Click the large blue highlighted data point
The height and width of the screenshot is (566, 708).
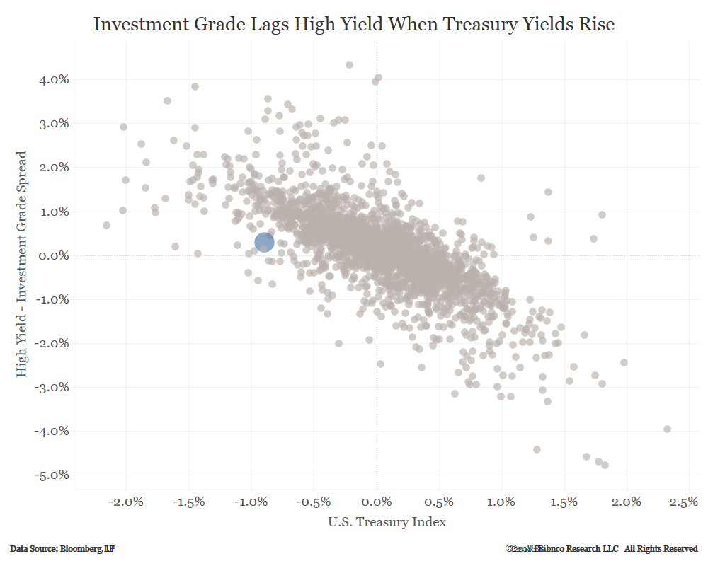click(x=264, y=242)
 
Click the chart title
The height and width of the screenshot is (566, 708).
click(x=354, y=24)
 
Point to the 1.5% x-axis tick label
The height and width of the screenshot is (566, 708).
click(x=564, y=502)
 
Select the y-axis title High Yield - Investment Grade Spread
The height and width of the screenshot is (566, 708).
click(x=22, y=262)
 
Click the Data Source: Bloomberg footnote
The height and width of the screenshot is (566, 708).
click(x=63, y=549)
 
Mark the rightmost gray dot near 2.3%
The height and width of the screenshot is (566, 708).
click(x=667, y=429)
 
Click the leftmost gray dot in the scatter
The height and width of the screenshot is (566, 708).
click(x=106, y=225)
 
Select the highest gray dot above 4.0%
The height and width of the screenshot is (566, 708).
click(x=349, y=64)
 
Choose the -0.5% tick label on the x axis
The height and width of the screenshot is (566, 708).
click(x=312, y=502)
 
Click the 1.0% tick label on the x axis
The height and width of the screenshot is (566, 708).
click(x=501, y=502)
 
